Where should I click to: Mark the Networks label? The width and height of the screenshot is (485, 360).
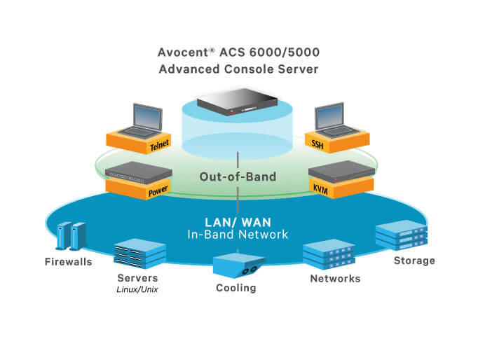pyautogui.click(x=334, y=279)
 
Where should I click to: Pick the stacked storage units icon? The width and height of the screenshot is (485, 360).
pyautogui.click(x=402, y=235)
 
